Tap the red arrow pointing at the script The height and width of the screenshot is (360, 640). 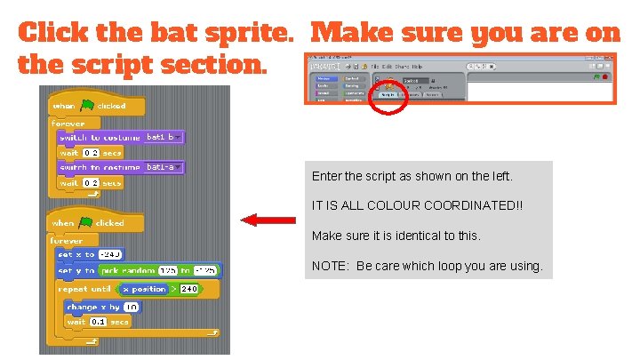268,219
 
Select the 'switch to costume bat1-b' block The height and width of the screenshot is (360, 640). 119,138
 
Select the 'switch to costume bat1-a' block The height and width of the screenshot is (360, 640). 119,167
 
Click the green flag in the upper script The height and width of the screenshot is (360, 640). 85,106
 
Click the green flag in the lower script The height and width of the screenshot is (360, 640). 85,223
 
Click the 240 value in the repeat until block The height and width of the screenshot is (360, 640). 189,289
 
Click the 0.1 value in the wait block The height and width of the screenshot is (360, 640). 99,322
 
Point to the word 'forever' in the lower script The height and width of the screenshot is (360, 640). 67,240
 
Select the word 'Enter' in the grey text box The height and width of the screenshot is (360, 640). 326,176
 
